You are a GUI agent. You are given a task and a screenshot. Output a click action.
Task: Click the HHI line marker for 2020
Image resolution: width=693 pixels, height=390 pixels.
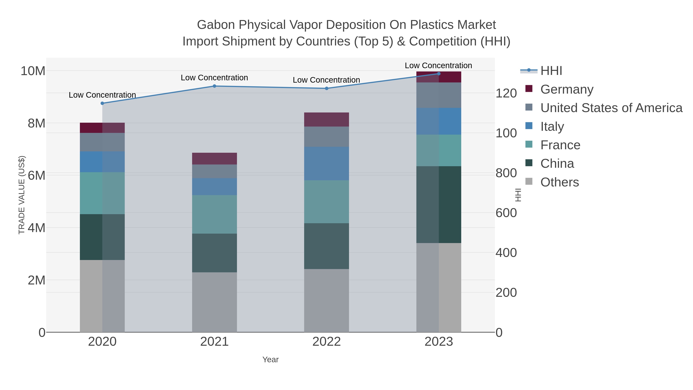click(x=102, y=103)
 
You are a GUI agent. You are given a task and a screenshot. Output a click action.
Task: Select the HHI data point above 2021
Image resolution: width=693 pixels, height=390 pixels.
click(x=214, y=86)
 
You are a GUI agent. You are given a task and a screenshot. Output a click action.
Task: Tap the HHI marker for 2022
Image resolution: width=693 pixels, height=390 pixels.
click(x=327, y=88)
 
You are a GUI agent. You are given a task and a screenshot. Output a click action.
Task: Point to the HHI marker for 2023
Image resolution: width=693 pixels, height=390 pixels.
click(x=439, y=74)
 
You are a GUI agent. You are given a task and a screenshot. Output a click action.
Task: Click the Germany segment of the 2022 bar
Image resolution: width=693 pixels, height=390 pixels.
click(x=327, y=119)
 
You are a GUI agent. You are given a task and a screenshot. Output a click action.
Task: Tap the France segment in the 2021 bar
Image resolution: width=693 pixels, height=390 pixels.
click(x=214, y=214)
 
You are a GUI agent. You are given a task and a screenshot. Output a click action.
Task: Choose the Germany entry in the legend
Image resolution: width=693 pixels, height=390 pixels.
click(x=567, y=89)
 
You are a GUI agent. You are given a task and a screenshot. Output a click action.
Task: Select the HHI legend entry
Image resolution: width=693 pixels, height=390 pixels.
click(x=551, y=71)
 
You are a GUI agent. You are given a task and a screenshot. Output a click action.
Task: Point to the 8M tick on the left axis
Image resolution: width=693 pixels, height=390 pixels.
click(x=36, y=123)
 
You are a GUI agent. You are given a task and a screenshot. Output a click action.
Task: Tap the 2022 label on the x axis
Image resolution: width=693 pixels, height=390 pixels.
click(x=327, y=342)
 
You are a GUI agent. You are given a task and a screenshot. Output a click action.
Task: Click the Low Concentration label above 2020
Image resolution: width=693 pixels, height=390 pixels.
click(x=102, y=95)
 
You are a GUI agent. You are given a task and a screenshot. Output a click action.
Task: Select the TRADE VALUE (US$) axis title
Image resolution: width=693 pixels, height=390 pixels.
click(x=22, y=195)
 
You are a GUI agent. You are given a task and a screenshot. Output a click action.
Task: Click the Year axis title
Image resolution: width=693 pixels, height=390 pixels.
click(x=270, y=360)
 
